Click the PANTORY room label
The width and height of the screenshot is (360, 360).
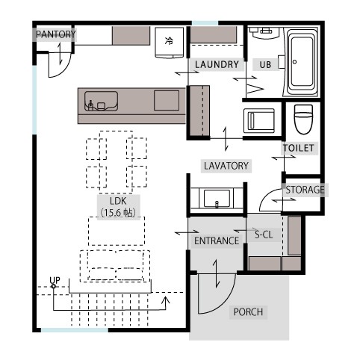pos(56,34)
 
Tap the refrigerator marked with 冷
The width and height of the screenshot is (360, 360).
pos(170,43)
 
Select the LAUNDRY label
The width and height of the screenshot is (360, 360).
pos(217,65)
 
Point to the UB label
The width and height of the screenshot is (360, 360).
pos(265,65)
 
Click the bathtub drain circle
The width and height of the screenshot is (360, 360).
pos(294,62)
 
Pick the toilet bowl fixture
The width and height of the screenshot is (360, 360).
pos(303,120)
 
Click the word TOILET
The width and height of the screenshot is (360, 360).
pos(299,148)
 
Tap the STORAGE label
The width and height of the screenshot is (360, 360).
pos(305,190)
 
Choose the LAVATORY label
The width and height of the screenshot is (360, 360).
pos(226,166)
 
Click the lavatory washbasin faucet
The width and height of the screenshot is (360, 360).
pos(217,205)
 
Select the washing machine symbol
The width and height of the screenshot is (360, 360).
pos(259,121)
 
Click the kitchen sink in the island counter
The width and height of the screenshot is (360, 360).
pos(101,101)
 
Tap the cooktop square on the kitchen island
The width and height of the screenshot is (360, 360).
pos(167,100)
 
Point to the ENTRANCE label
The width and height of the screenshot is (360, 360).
pos(217,241)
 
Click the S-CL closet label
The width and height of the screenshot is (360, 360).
pos(264,235)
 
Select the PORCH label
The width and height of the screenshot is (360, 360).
pos(248,312)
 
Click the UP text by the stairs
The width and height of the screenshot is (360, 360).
pos(55,280)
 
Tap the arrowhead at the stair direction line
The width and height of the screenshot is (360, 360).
pos(165,300)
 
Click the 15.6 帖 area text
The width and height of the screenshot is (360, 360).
pos(119,213)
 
